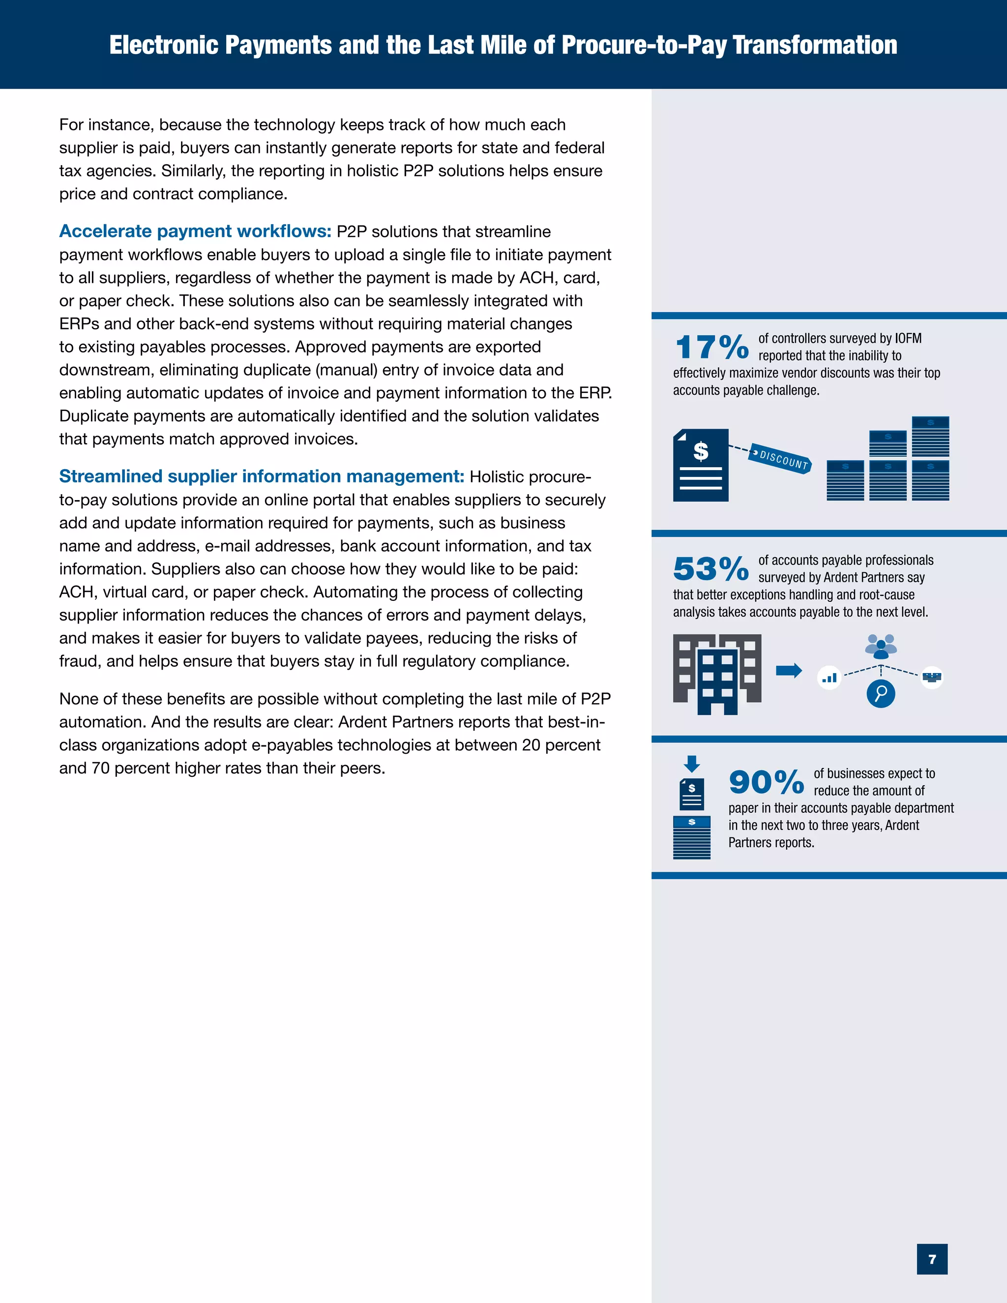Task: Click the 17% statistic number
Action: click(711, 347)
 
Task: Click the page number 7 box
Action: click(932, 1259)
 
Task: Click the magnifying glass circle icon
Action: click(881, 693)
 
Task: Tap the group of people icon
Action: click(881, 646)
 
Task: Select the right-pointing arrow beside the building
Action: click(789, 671)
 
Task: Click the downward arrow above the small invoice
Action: click(691, 764)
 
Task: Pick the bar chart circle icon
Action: click(829, 677)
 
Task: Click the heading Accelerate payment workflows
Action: click(195, 232)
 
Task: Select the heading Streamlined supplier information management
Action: click(261, 476)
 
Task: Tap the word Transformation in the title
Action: click(815, 45)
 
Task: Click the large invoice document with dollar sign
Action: click(700, 465)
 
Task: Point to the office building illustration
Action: click(717, 674)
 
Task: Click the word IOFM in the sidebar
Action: click(908, 338)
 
